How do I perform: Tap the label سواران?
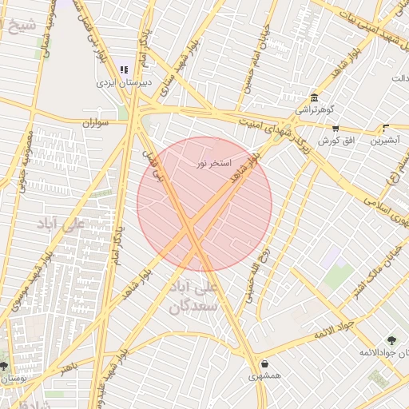point(94,123)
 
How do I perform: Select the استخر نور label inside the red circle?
point(215,163)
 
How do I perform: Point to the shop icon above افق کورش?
point(336,128)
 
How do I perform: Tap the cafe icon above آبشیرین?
point(386,128)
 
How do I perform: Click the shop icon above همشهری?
point(264,364)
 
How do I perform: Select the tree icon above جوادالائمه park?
point(391,340)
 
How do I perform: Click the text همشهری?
point(264,376)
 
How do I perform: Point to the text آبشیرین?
point(387,141)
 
